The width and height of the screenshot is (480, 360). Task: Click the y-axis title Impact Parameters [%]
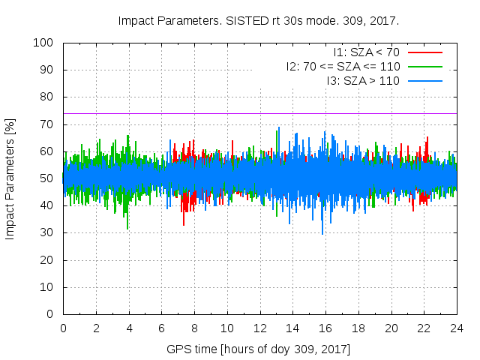coord(10,178)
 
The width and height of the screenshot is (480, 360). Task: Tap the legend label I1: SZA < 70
coord(366,52)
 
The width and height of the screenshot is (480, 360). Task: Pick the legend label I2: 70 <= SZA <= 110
coord(343,67)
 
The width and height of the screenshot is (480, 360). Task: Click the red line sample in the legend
coord(424,52)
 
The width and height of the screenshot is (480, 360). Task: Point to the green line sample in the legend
coord(424,67)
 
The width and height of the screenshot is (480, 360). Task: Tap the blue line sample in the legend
coord(424,81)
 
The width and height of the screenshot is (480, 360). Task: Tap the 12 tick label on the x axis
coord(259,328)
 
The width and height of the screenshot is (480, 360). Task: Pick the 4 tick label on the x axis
coord(129,328)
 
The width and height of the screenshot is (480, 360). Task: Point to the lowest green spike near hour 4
coord(127,228)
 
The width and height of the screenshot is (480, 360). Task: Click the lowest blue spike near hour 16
coord(322,233)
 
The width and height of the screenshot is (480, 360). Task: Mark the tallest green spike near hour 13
coord(279,128)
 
